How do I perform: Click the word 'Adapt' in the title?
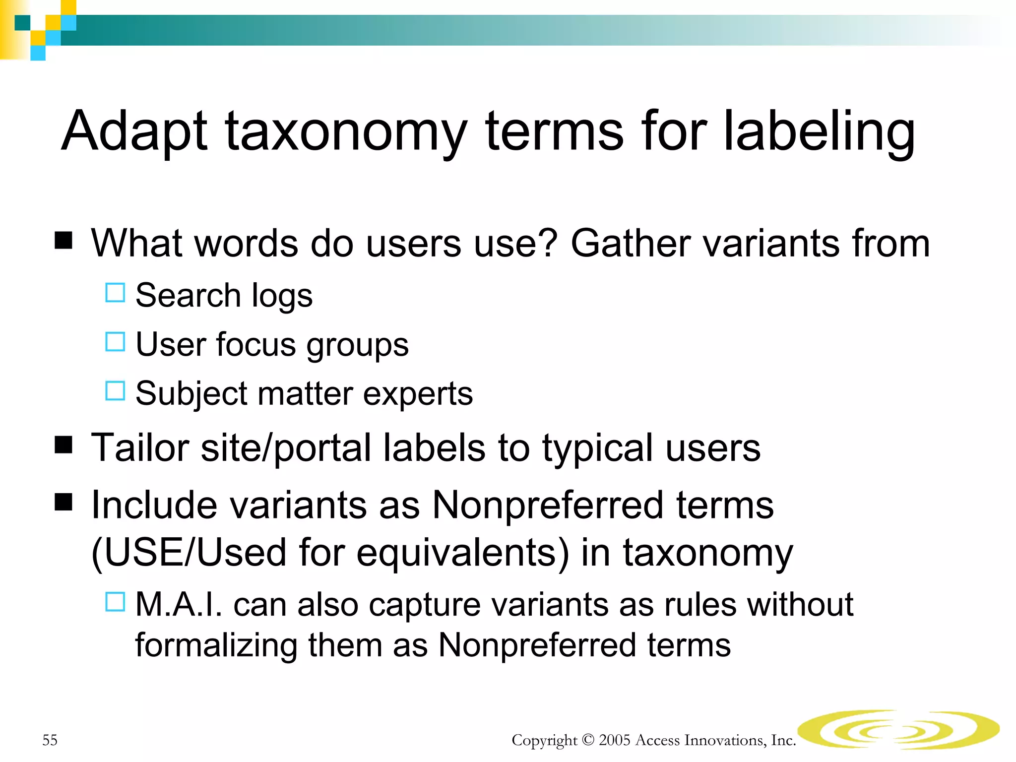134,131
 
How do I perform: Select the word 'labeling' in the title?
819,131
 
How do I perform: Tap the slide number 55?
50,740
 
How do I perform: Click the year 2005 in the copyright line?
614,740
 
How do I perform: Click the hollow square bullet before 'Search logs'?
115,293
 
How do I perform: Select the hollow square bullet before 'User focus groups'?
115,342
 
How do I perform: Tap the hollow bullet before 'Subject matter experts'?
115,391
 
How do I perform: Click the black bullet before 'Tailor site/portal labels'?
63,445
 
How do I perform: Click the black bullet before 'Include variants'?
63,502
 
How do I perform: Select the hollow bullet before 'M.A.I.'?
115,602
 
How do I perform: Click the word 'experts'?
418,394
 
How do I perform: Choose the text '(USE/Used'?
189,553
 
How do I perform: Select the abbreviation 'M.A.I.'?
179,605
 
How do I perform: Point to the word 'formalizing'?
216,645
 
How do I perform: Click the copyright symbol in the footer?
588,740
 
